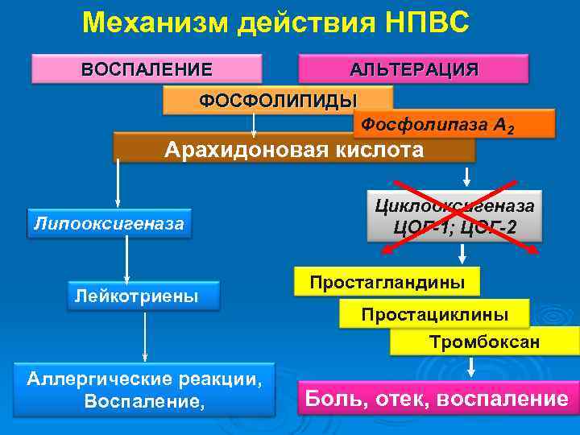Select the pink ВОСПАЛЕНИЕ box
147,68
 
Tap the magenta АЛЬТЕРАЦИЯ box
413,68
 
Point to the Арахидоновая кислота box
294,148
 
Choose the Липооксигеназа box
109,222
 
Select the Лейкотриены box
135,296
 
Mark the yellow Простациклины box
434,313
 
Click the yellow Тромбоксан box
484,342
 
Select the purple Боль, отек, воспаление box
436,398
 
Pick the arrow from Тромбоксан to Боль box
470,367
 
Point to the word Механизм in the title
154,22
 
